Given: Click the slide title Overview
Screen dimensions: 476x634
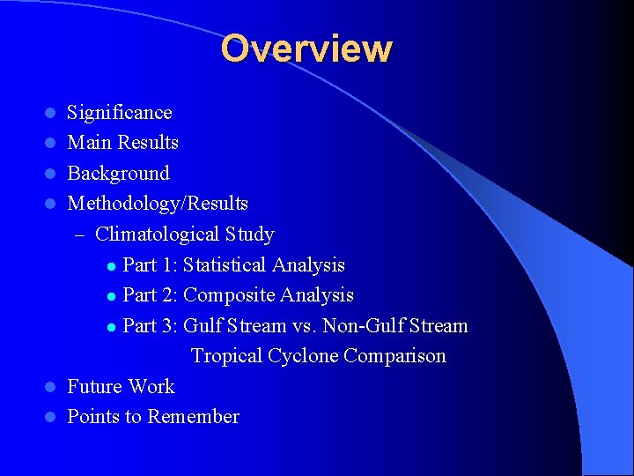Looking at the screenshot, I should pyautogui.click(x=306, y=48).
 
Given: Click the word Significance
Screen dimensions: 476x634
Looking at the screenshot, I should pyautogui.click(x=120, y=113).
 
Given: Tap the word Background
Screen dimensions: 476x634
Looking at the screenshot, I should pyautogui.click(x=119, y=174).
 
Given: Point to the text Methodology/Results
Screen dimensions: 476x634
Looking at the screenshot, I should pyautogui.click(x=158, y=205).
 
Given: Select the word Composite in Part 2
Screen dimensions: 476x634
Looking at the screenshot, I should pyautogui.click(x=225, y=295).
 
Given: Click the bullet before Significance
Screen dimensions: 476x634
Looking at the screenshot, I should pyautogui.click(x=51, y=113).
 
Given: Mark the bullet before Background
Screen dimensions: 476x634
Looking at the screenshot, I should pyautogui.click(x=51, y=174).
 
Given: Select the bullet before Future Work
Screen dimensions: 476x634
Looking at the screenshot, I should pyautogui.click(x=51, y=387).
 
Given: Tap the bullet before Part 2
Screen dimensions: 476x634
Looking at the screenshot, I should pyautogui.click(x=110, y=296).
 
